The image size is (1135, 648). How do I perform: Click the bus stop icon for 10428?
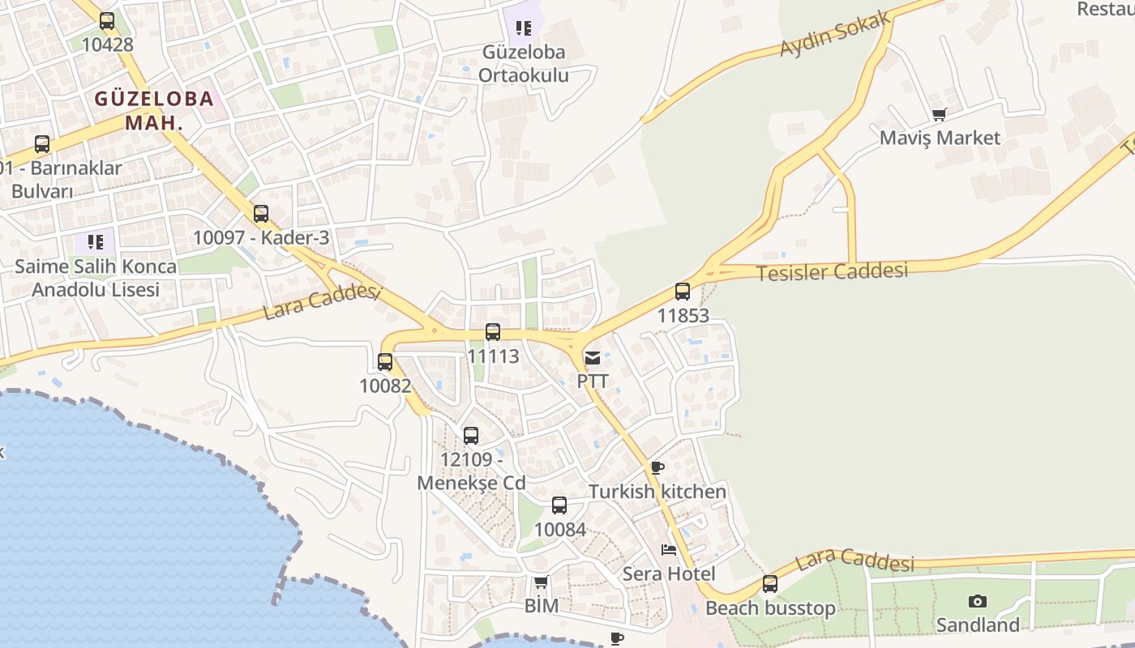tap(107, 21)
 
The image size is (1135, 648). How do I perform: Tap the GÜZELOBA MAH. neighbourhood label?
tap(154, 111)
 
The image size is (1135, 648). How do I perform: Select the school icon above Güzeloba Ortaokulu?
tap(524, 28)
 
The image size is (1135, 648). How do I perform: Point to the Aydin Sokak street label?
tap(835, 34)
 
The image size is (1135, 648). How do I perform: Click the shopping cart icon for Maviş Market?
tap(940, 114)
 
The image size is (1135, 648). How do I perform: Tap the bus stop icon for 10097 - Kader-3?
tap(260, 214)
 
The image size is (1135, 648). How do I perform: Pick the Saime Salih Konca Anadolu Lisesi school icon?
tap(96, 241)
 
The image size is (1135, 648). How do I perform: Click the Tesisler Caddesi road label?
tap(832, 271)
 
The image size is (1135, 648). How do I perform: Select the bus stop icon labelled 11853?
tap(683, 292)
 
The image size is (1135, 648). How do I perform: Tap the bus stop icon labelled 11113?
tap(493, 331)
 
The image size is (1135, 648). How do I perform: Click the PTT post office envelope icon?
tap(593, 357)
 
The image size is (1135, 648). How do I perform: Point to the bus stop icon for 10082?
tap(385, 362)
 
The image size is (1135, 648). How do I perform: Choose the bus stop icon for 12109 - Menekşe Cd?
tap(471, 436)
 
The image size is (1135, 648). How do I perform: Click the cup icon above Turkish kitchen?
tap(657, 467)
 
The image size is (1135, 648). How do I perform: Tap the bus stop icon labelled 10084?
tap(559, 505)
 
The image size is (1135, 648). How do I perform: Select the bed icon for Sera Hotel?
tap(669, 550)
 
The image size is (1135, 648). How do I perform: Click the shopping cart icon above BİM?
tap(541, 582)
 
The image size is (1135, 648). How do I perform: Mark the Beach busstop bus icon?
tap(769, 584)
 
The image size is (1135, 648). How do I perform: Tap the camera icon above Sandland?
tap(978, 601)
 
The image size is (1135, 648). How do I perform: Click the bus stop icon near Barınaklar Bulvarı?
tap(42, 144)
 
